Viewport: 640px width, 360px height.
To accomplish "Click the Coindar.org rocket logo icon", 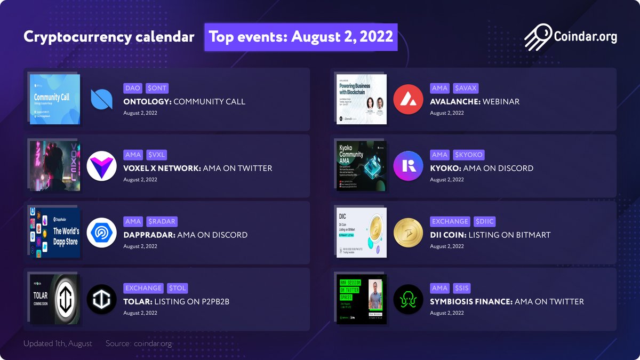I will coord(538,37).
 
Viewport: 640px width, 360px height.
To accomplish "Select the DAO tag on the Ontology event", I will coord(133,88).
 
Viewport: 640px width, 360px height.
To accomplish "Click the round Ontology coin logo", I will coord(101,99).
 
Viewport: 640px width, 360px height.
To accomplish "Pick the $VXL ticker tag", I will coord(157,155).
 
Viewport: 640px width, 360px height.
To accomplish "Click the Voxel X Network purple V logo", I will coord(101,166).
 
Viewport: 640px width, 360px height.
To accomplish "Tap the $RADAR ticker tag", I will coord(162,221).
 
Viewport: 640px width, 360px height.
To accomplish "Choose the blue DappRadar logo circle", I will coord(101,233).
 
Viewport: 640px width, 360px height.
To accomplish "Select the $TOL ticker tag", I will coord(177,288).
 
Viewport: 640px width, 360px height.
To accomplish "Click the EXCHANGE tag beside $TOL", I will coord(143,288).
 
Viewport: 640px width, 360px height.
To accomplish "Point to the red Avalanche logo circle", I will coord(408,99).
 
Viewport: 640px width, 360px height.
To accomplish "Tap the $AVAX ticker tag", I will coord(466,88).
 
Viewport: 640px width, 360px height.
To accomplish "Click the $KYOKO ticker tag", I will coord(468,155).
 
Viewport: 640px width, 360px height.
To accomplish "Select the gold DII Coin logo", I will coord(408,233).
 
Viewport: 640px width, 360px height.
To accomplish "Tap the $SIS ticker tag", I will coord(461,288).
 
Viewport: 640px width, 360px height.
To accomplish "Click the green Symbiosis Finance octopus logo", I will coord(408,299).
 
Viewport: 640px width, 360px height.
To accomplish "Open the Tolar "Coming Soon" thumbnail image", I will coord(55,299).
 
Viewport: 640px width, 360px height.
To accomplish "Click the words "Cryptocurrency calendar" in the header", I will coord(109,37).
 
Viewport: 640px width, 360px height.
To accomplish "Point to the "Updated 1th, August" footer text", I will coord(58,343).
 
